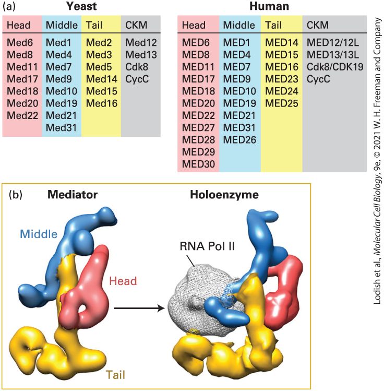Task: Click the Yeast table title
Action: pyautogui.click(x=81, y=6)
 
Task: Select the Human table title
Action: pyautogui.click(x=269, y=6)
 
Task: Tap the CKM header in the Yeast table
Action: pyautogui.click(x=136, y=25)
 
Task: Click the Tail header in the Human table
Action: pyautogui.click(x=273, y=25)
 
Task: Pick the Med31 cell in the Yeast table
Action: pyautogui.click(x=61, y=128)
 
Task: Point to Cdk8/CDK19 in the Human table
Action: pyautogui.click(x=335, y=67)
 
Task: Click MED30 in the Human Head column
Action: pyautogui.click(x=198, y=164)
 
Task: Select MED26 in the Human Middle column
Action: pyautogui.click(x=239, y=140)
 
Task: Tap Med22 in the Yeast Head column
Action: pyautogui.click(x=22, y=115)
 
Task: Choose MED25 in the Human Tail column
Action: pyautogui.click(x=282, y=103)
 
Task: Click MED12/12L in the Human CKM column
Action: pyautogui.click(x=333, y=42)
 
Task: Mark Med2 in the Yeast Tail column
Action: pyautogui.click(x=99, y=42)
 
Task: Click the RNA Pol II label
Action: pyautogui.click(x=207, y=246)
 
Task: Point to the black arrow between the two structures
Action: pyautogui.click(x=139, y=309)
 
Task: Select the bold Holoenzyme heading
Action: pyautogui.click(x=224, y=195)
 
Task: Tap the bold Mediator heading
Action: pyautogui.click(x=73, y=195)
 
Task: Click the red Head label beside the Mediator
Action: pyautogui.click(x=123, y=281)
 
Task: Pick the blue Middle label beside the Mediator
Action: pyautogui.click(x=39, y=234)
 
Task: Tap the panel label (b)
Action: pyautogui.click(x=16, y=195)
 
